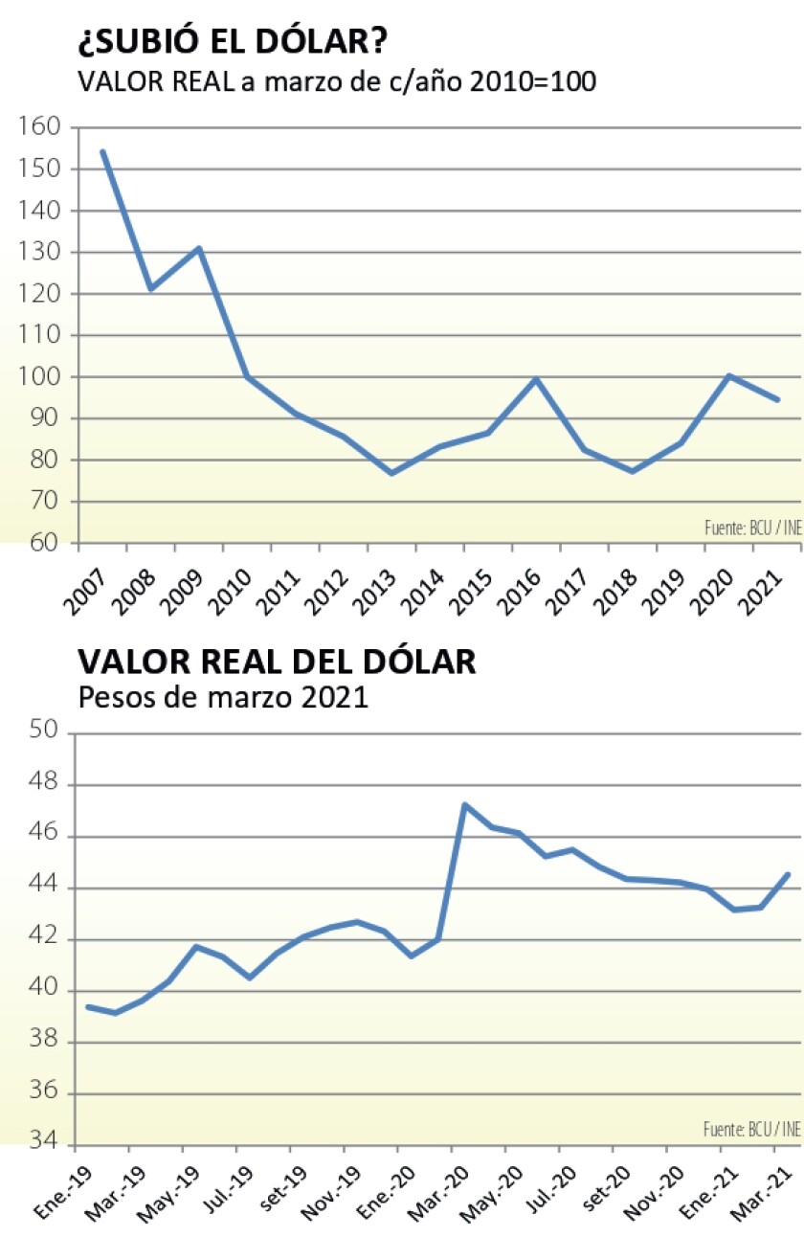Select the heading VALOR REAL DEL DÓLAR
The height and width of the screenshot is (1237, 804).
(x=277, y=662)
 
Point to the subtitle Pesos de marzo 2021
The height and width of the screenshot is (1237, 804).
(x=222, y=697)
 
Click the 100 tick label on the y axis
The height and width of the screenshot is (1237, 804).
(x=39, y=377)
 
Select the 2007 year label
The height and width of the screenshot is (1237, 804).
(x=84, y=588)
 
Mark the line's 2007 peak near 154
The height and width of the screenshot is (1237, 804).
(x=102, y=151)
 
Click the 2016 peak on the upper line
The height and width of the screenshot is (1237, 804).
(x=536, y=379)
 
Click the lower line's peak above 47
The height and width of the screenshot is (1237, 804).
(x=465, y=804)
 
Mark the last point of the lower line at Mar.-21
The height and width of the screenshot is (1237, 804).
(x=788, y=873)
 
